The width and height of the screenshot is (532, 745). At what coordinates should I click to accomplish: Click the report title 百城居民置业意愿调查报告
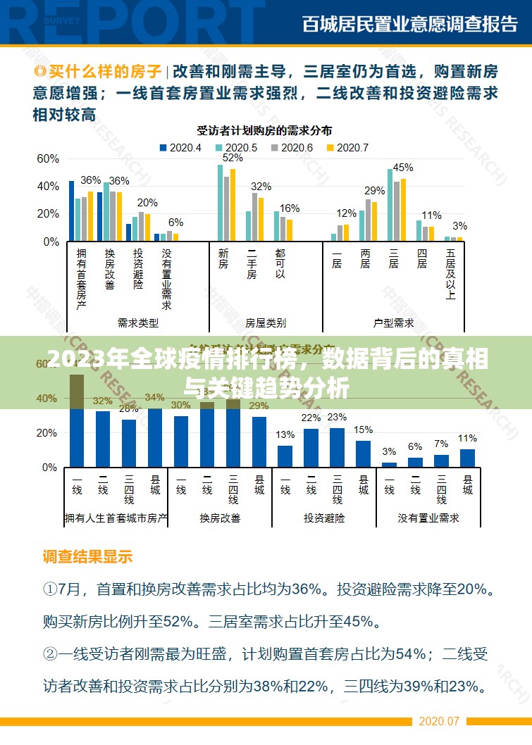[410, 24]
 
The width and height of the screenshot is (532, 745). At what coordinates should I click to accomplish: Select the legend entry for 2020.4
[181, 148]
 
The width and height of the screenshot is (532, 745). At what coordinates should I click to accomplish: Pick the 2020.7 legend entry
[348, 148]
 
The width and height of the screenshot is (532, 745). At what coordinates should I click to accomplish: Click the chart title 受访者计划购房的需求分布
[264, 130]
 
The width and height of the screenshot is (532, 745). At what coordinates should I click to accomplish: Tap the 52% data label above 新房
[233, 158]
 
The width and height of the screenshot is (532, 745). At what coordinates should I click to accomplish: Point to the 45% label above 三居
[403, 168]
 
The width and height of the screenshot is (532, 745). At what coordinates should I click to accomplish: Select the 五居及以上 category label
[451, 274]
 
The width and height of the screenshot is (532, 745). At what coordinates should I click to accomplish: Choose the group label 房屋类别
[266, 323]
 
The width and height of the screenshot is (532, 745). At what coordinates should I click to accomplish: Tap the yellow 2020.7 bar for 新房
[233, 205]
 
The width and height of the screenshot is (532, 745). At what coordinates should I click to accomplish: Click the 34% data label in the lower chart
[155, 398]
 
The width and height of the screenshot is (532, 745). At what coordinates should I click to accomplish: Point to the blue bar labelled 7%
[441, 461]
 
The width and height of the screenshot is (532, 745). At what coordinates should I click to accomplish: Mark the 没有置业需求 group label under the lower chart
[428, 518]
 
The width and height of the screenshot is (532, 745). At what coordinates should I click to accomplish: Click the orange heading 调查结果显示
[88, 557]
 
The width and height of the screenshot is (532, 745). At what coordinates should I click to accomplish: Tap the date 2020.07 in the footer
[439, 722]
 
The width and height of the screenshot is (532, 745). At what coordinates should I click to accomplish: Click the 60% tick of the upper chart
[48, 159]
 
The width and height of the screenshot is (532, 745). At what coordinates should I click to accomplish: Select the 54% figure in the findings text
[404, 654]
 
